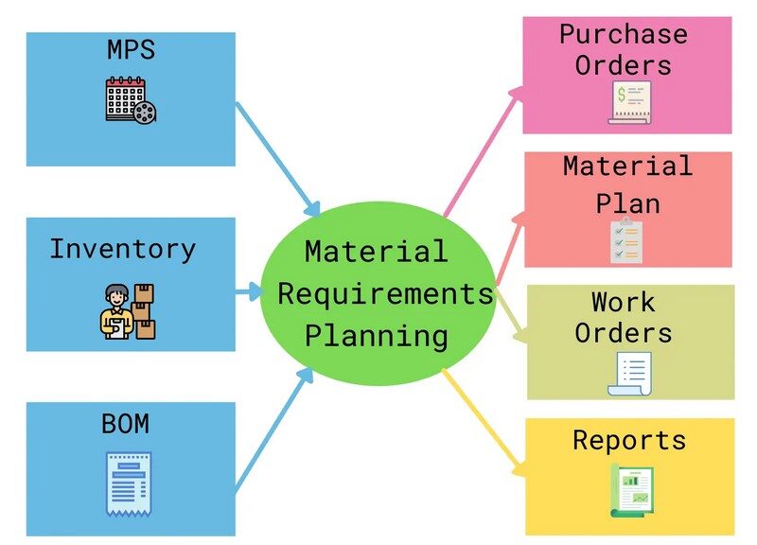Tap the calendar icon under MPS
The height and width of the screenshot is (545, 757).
[131, 100]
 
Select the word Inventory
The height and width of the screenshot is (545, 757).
[123, 249]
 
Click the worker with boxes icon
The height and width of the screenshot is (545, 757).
[129, 310]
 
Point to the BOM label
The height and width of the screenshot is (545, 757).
[125, 423]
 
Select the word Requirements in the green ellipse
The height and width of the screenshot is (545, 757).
[385, 293]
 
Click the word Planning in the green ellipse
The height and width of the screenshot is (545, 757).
[377, 335]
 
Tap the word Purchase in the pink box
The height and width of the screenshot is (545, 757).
[623, 34]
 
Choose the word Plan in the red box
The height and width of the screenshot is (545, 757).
[627, 203]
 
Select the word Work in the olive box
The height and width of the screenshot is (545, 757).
[623, 303]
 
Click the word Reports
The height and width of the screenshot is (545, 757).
[629, 440]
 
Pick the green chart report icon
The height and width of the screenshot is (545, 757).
[629, 491]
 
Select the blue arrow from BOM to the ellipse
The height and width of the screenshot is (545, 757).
[274, 431]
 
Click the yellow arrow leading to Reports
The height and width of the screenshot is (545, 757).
[483, 416]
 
